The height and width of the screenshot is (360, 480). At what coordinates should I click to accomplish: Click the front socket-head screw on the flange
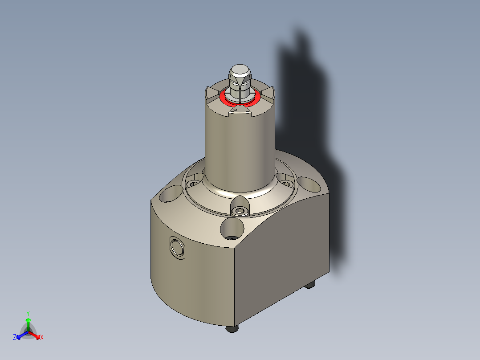point(240,211)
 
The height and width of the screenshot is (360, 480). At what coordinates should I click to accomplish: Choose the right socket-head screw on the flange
point(285,182)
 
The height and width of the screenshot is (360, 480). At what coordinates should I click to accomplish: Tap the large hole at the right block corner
point(310,184)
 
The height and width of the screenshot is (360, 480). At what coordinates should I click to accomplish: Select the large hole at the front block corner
point(232,229)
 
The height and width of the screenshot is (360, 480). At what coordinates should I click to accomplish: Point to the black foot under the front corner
point(232,329)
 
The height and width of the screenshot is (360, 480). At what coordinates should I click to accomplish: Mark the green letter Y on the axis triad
point(28,313)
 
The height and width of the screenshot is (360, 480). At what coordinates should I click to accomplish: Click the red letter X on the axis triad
point(42,338)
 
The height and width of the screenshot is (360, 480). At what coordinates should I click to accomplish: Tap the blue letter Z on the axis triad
point(15,338)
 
